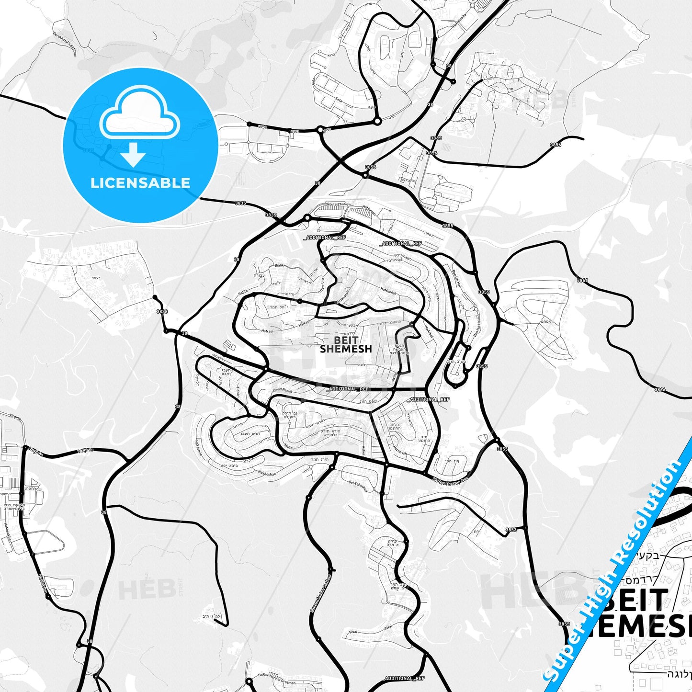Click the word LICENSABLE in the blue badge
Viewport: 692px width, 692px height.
point(140,183)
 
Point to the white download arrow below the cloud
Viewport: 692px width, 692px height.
point(133,155)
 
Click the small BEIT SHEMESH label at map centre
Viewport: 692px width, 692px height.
point(346,345)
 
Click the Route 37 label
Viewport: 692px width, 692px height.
point(334,204)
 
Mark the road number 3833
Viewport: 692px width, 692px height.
point(162,312)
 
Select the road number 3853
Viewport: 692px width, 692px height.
point(511,530)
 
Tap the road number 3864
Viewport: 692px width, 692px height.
point(582,280)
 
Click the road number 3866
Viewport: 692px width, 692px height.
point(660,389)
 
